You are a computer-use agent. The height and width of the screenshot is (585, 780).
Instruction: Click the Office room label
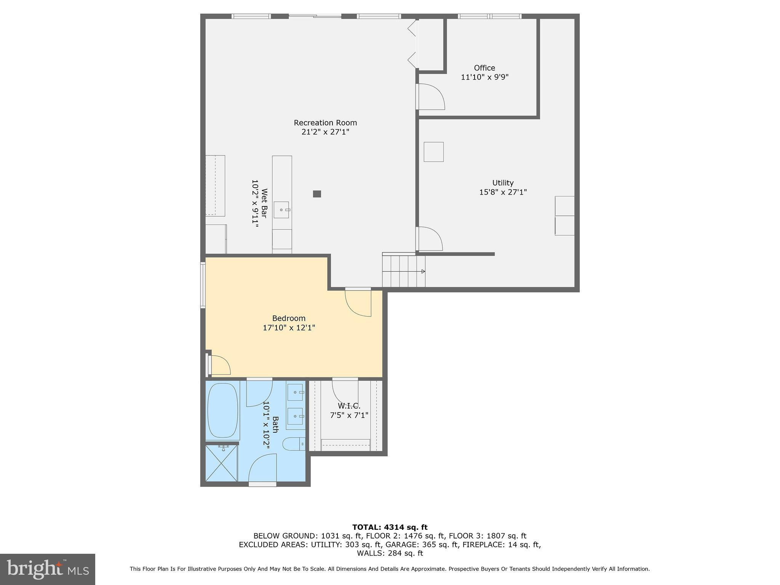tap(484, 68)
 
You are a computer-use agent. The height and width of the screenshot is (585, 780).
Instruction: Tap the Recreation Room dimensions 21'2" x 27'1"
tap(325, 132)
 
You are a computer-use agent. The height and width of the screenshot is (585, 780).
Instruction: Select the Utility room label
tap(503, 183)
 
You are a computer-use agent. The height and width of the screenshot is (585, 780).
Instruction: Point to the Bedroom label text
tap(289, 318)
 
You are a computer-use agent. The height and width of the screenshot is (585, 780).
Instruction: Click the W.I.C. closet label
tap(349, 406)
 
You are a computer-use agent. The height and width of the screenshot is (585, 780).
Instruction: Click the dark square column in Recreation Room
tap(317, 194)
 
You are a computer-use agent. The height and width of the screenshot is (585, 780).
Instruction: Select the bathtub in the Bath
tap(223, 411)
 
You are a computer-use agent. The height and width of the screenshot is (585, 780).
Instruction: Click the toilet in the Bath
tap(293, 444)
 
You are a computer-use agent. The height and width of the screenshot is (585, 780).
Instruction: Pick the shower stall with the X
tap(222, 463)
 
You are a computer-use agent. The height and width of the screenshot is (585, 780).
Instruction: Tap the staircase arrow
tap(423, 272)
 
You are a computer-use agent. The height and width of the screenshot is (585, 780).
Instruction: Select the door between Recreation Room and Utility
tap(429, 238)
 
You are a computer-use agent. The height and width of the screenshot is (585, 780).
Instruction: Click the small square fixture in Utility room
tap(434, 152)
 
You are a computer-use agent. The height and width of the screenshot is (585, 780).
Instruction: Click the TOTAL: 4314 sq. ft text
tap(390, 527)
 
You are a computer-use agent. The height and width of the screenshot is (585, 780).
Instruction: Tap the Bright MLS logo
tap(48, 569)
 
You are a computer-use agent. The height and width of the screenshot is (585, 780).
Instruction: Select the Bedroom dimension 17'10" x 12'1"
tap(289, 328)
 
